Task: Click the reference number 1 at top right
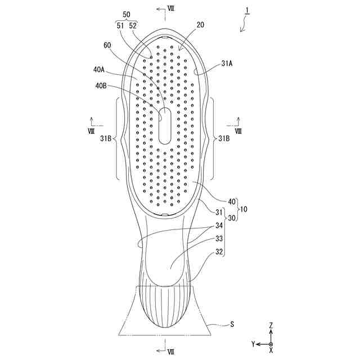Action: coord(247,11)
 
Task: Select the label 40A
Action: coord(99,70)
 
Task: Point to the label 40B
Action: coord(101,86)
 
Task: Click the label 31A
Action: coord(227,64)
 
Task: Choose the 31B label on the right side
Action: coord(224,138)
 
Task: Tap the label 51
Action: coord(120,25)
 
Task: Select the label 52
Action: coord(133,25)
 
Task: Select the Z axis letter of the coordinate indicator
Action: coord(271,325)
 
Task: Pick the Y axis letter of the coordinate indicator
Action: coord(254,343)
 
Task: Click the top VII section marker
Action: coord(171,10)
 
